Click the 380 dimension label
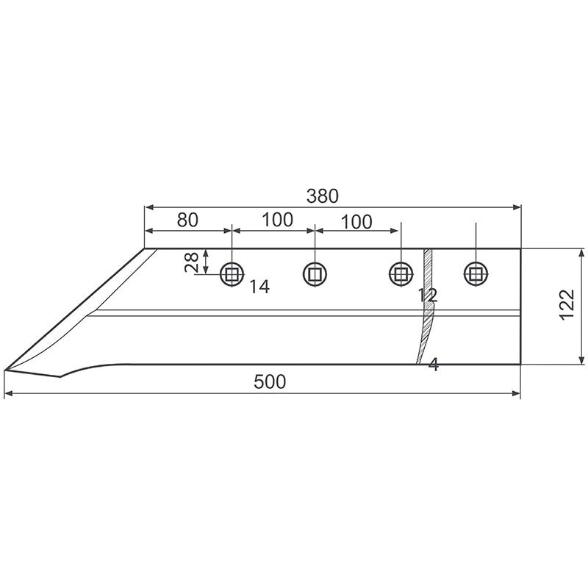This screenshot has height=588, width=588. click(x=323, y=196)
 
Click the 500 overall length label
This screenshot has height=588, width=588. click(x=270, y=381)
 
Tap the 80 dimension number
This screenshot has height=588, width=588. click(x=187, y=220)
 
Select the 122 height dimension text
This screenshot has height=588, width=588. click(x=567, y=304)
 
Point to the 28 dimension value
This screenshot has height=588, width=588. click(x=192, y=262)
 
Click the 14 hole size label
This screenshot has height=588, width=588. click(x=259, y=287)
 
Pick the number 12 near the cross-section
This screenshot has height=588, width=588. click(x=428, y=295)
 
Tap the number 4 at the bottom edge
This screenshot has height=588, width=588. click(x=434, y=364)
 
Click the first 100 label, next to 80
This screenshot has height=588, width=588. click(x=277, y=220)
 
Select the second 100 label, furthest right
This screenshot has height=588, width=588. click(x=356, y=222)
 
